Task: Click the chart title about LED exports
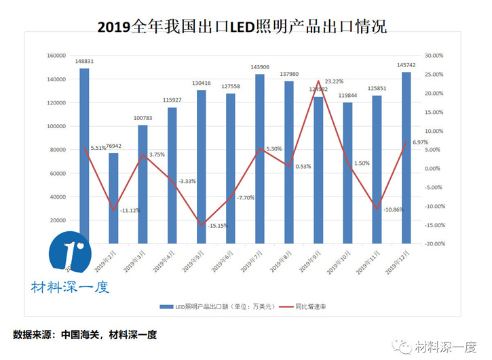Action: (242, 28)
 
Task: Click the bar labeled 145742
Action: (406, 157)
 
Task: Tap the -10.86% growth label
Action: (392, 209)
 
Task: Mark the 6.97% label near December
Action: (419, 141)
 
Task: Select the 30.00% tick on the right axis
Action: (433, 56)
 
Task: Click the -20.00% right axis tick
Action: (432, 243)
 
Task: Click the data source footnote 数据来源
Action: (85, 334)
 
